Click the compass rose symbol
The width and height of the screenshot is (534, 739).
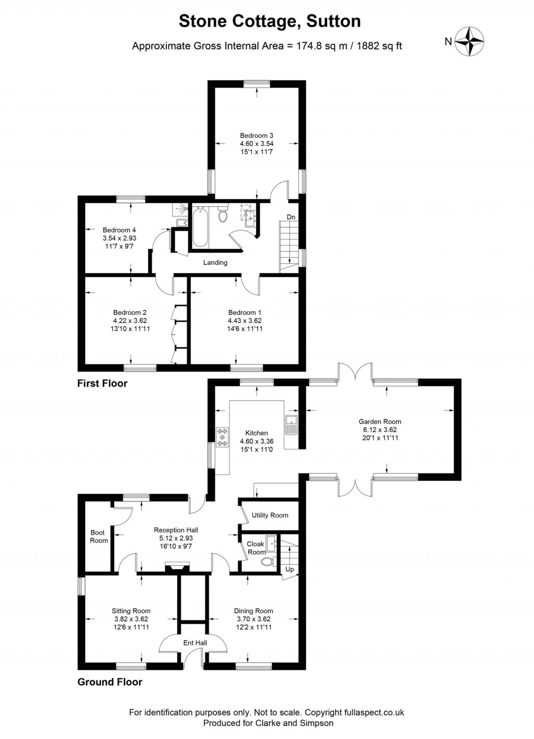469,41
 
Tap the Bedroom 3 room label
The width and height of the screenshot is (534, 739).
257,136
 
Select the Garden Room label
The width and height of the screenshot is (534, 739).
380,421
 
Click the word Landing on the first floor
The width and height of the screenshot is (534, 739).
215,262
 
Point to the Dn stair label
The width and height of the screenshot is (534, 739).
291,217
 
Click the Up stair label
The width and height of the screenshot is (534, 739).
289,569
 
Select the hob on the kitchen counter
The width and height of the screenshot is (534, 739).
223,437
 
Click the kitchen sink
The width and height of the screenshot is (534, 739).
291,425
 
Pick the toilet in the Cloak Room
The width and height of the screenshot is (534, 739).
268,562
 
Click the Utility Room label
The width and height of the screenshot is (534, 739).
270,515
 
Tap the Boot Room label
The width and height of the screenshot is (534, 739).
98,537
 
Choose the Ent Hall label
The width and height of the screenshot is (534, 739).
195,643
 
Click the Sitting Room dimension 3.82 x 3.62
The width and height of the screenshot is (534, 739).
131,619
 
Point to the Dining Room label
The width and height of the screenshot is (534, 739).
253,611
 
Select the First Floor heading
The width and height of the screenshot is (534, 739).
102,383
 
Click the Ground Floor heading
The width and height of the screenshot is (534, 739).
110,682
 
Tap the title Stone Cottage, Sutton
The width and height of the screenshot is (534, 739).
270,21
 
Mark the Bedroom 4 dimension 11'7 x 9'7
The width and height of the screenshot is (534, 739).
119,246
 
